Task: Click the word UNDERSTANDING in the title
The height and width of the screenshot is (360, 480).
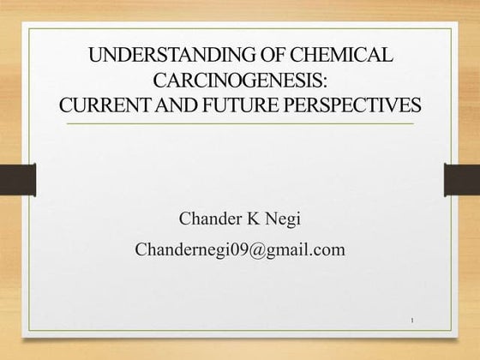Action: pyautogui.click(x=161, y=57)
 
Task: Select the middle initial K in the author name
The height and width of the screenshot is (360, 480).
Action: pyautogui.click(x=253, y=219)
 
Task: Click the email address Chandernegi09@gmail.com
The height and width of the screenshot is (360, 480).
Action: pyautogui.click(x=240, y=250)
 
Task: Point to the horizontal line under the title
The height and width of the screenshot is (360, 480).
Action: pyautogui.click(x=240, y=124)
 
